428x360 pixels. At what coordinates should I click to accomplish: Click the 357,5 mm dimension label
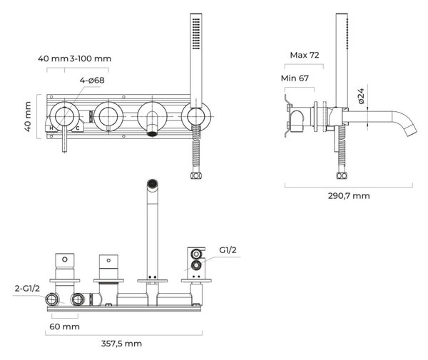pyautogui.click(x=121, y=344)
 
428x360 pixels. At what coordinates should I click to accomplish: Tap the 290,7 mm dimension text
pyautogui.click(x=349, y=196)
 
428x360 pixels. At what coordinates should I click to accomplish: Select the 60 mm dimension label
pyautogui.click(x=65, y=326)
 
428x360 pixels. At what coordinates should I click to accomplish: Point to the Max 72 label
pyautogui.click(x=305, y=55)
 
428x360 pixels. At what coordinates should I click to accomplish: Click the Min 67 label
pyautogui.click(x=295, y=78)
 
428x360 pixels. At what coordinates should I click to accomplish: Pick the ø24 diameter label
pyautogui.click(x=361, y=96)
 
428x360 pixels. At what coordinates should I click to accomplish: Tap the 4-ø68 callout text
pyautogui.click(x=92, y=80)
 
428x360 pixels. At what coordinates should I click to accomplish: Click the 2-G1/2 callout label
pyautogui.click(x=27, y=288)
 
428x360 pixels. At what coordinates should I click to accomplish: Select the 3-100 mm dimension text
pyautogui.click(x=91, y=58)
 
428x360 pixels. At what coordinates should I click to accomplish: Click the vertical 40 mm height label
pyautogui.click(x=28, y=116)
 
